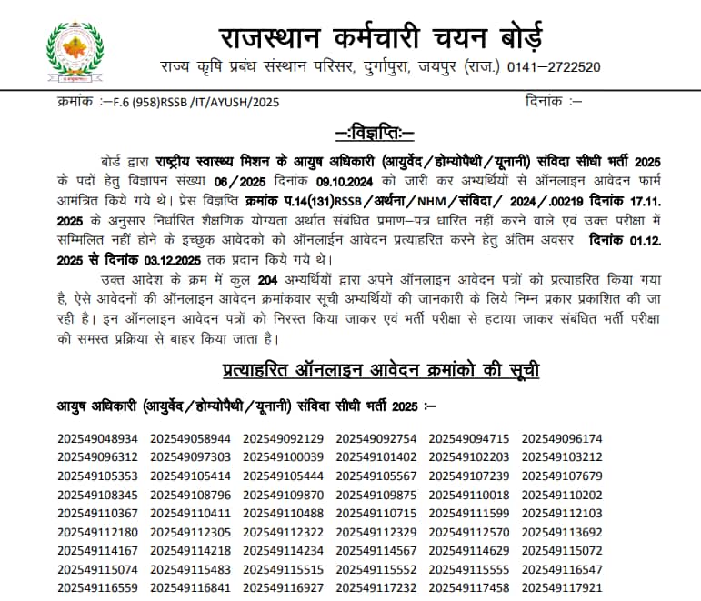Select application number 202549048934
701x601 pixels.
tap(97, 439)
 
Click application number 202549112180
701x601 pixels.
tap(97, 532)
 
